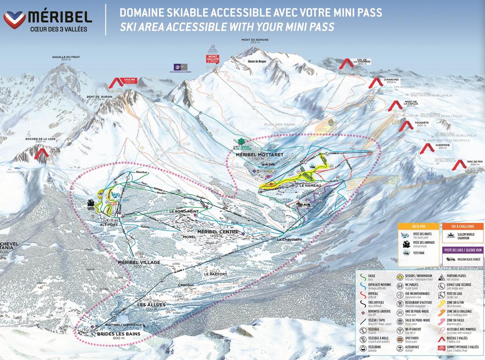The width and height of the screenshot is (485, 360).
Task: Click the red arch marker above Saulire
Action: (x=116, y=83)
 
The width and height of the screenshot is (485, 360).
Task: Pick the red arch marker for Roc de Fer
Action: (x=458, y=166)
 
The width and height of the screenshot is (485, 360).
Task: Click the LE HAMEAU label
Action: (x=308, y=185)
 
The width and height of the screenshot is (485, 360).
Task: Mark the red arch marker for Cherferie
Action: (x=427, y=148)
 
